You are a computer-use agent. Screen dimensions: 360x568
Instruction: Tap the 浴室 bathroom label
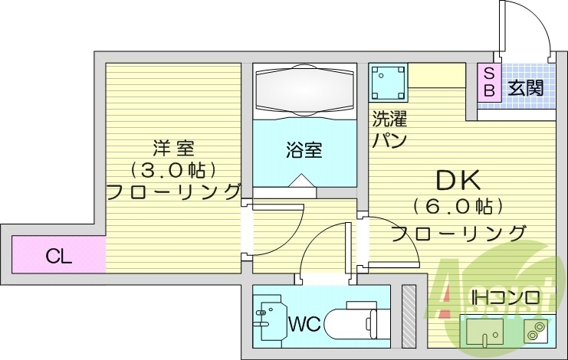305,149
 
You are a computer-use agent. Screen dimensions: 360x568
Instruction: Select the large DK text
458,180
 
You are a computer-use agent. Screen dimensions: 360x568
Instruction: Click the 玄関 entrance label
525,87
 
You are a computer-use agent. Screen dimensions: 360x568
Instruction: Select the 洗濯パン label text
389,129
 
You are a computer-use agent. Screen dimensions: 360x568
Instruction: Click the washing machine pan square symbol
388,82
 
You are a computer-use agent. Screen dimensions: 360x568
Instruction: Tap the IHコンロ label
506,296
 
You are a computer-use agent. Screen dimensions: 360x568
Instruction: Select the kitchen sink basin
482,331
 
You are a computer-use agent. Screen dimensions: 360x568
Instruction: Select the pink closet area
58,254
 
